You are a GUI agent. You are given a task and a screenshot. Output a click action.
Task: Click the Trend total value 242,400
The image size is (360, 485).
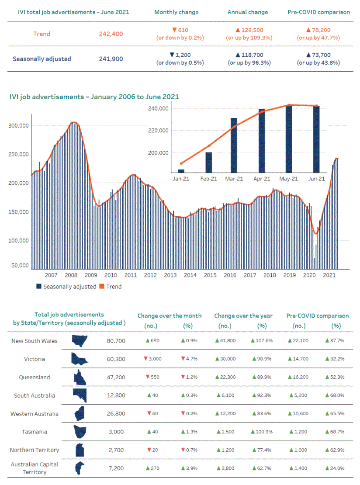111,34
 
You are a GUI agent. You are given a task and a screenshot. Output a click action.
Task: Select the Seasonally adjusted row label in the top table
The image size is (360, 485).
42,59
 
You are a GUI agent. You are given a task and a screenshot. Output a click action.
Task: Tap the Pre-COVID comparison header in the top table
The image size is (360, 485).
318,12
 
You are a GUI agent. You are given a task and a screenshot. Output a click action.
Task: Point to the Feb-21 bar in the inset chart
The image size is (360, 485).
209,162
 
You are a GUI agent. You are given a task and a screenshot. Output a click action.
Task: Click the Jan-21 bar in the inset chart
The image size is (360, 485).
181,171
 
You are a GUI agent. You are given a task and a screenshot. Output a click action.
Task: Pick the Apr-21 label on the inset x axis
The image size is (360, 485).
262,179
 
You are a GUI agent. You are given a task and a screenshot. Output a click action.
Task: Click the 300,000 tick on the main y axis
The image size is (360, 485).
19,125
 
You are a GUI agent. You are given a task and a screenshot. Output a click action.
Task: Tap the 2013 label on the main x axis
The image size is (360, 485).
170,275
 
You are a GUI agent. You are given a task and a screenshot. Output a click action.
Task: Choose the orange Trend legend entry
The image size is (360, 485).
111,287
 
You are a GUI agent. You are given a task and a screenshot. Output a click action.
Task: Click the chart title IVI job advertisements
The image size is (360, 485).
94,97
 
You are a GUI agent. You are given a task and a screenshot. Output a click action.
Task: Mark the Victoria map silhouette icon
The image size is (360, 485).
80,359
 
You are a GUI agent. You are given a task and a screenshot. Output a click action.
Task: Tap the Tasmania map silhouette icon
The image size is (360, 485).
80,432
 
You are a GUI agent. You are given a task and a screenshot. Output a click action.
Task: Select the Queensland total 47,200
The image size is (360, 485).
116,378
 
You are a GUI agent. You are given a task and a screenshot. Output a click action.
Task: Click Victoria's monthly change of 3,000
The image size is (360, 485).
152,359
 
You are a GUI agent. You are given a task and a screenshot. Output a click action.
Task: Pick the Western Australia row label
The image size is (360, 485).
35,414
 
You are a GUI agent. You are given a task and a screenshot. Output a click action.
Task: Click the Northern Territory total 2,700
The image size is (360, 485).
116,450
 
